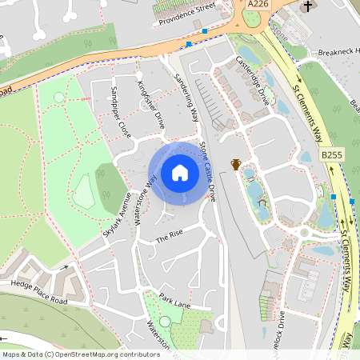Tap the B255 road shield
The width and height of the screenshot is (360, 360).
pos(330,153)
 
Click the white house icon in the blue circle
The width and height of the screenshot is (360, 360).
pos(179,173)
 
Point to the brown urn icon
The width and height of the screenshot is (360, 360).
pos(236,164)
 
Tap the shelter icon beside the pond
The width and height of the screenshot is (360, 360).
pos(262,203)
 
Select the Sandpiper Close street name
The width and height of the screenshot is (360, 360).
pos(121,111)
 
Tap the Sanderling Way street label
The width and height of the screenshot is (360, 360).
pos(186,98)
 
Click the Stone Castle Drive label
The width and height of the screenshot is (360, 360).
pos(207,171)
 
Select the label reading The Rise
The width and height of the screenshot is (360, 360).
pos(170,237)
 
